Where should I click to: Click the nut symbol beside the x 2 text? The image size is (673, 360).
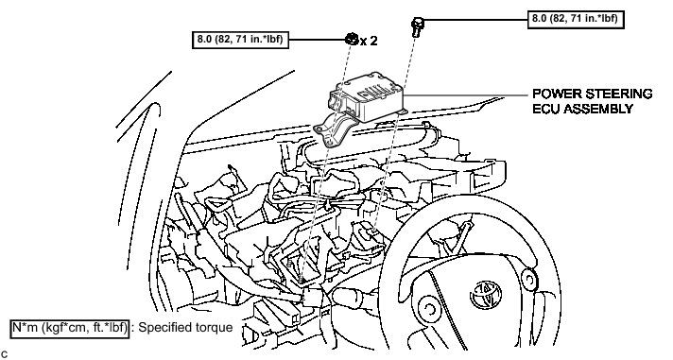coord(351,39)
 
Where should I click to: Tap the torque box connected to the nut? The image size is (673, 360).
coord(240,40)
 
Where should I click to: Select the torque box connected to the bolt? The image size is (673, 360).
coord(576,20)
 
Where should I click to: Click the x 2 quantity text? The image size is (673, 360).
coord(369,41)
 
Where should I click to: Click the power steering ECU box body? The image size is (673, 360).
coord(369,96)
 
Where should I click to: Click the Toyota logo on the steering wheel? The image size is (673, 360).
coord(486,295)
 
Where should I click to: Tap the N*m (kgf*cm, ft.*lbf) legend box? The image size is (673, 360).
coord(69,328)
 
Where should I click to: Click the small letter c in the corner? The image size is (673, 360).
coord(4,354)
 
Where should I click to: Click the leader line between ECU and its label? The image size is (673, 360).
coord(467,94)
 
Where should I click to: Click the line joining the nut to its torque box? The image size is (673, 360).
coord(318,40)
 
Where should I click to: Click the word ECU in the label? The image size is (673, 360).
coord(546,109)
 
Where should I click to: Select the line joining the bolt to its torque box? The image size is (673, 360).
coord(475,20)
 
